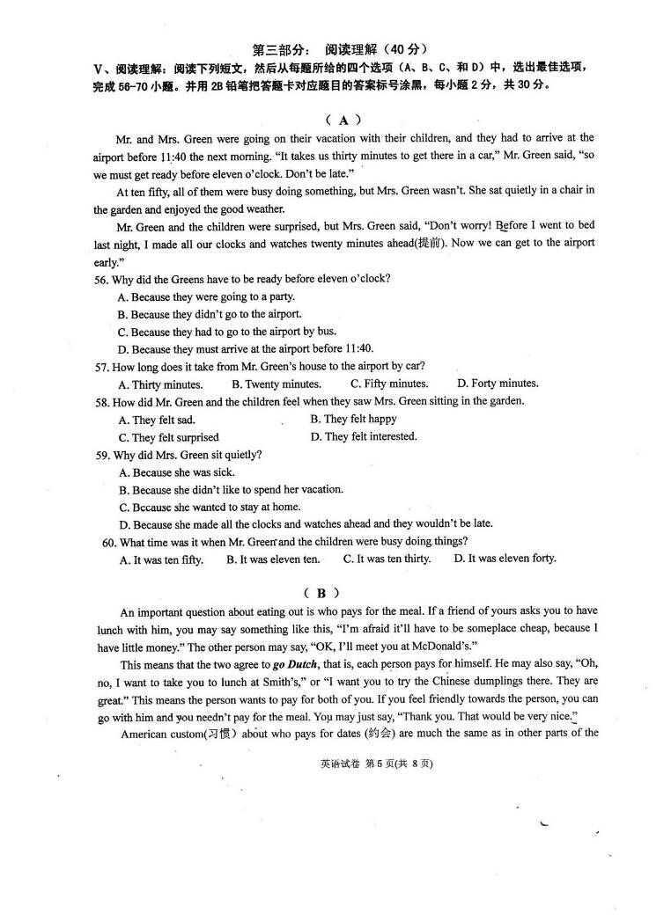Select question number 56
click(103, 279)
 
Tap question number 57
click(103, 366)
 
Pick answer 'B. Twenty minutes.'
click(276, 384)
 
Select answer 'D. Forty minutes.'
click(498, 384)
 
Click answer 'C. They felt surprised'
click(168, 437)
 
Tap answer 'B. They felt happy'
click(353, 420)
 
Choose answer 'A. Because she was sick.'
click(176, 472)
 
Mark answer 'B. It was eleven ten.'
click(273, 559)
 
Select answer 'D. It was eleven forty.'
click(505, 559)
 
